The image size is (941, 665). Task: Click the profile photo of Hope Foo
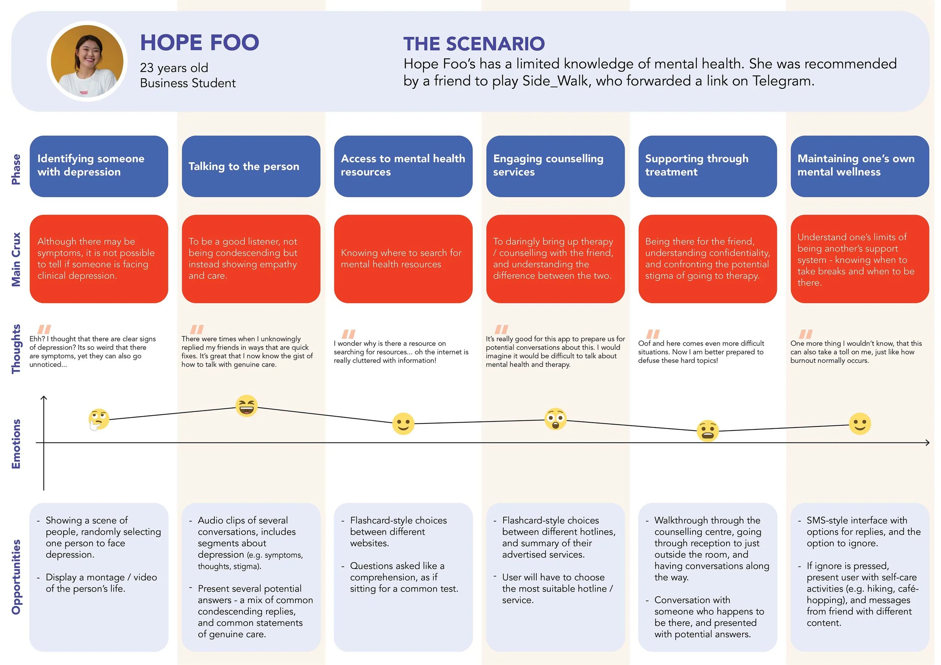(x=87, y=61)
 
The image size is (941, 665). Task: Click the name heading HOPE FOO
(x=199, y=43)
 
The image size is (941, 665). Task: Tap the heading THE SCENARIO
(x=474, y=44)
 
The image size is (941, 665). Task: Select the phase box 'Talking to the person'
(x=251, y=166)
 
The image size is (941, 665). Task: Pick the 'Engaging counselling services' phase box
(x=555, y=166)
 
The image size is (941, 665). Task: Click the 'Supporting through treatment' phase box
(x=707, y=166)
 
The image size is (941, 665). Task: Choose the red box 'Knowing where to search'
(x=403, y=259)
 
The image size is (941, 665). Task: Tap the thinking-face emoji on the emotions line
(x=99, y=419)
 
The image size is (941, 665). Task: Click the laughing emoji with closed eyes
(x=246, y=406)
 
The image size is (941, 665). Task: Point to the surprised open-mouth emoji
(x=555, y=419)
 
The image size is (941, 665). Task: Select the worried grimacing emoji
(x=707, y=431)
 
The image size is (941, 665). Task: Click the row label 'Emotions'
(x=16, y=444)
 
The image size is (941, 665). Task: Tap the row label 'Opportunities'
(x=16, y=577)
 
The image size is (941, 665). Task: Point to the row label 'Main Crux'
(x=16, y=259)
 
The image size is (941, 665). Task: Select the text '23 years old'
(x=174, y=68)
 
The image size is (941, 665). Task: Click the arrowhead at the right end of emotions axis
(x=927, y=443)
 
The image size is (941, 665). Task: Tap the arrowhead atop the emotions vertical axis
(x=44, y=397)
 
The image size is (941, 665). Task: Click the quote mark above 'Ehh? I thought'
(x=44, y=329)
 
